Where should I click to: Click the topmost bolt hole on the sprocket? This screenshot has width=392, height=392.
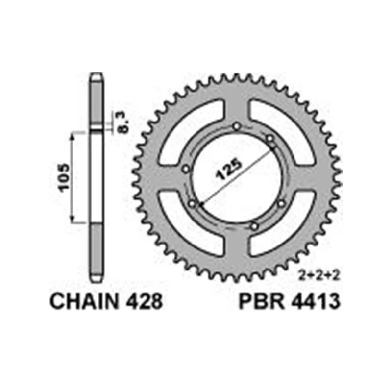point(237,127)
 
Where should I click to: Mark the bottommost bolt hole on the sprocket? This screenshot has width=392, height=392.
point(254,226)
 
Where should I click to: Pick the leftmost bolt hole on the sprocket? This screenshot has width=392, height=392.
point(186,169)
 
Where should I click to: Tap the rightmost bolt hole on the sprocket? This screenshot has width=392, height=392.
point(281,204)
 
